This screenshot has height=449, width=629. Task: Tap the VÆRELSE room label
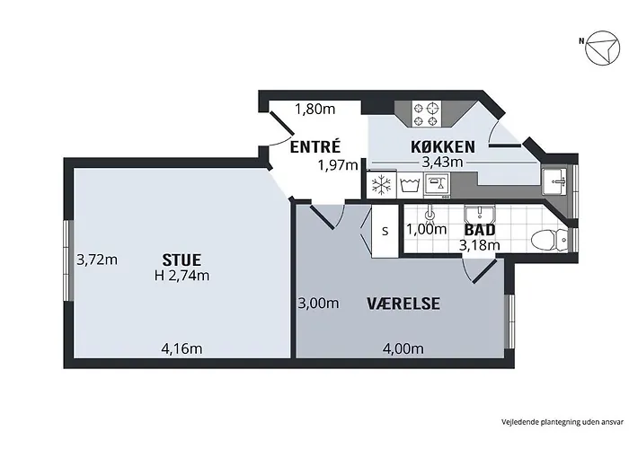point(403,304)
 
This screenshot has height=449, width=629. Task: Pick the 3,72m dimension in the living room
point(97,260)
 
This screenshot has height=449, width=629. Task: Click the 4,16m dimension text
point(182,348)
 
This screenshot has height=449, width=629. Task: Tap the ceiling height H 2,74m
point(182,276)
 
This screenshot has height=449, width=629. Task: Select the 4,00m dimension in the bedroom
point(403,348)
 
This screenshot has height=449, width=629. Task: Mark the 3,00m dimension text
point(318,304)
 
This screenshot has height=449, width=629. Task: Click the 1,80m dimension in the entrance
point(315,110)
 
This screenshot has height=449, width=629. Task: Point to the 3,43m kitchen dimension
point(442,162)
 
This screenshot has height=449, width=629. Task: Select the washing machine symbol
point(411,186)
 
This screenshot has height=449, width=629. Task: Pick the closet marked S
point(385,230)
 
